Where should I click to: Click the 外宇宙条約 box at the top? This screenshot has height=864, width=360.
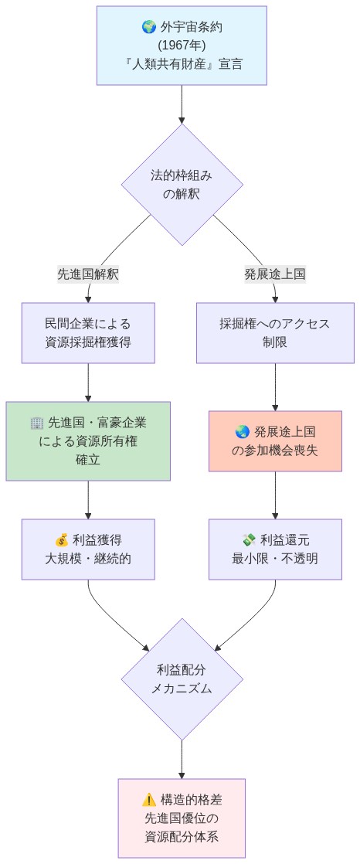click(182, 46)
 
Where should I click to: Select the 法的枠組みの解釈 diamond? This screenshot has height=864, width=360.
click(182, 185)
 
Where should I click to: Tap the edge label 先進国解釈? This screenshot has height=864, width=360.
click(88, 274)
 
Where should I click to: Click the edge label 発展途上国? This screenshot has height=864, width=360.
click(275, 274)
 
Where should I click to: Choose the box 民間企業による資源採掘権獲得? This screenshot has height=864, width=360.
click(88, 332)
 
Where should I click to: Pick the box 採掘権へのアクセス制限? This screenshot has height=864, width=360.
click(275, 332)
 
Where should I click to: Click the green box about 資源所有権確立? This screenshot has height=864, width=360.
click(88, 441)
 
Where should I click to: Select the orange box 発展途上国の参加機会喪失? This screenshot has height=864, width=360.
click(275, 441)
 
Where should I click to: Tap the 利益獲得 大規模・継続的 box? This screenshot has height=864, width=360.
click(88, 549)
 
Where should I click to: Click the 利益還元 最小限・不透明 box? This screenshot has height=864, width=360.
click(275, 549)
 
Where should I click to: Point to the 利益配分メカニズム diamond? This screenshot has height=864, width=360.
click(182, 679)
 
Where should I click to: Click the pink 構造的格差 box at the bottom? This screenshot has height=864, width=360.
click(182, 818)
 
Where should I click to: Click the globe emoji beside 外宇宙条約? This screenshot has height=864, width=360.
click(149, 28)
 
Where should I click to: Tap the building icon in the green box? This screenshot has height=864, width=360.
click(37, 423)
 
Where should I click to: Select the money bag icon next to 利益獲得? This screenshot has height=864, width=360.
click(62, 539)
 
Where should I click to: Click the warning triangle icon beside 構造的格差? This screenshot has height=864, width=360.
click(149, 800)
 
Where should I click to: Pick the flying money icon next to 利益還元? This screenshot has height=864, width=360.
click(249, 539)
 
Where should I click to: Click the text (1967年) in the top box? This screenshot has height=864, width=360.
click(182, 46)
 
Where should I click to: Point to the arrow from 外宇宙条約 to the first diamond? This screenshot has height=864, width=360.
click(182, 104)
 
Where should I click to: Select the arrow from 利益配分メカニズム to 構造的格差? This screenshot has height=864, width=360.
click(182, 760)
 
